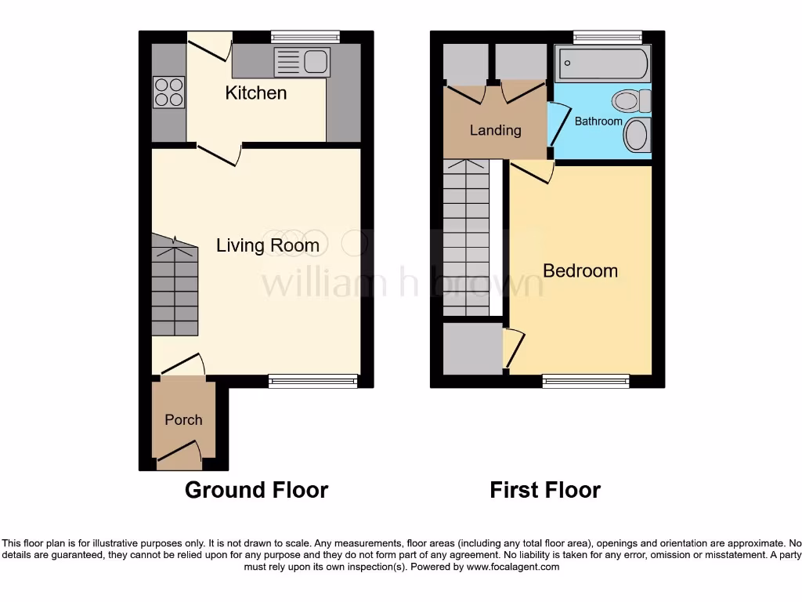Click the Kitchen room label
pos(256,93)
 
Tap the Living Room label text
pos(268,246)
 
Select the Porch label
pos(183,420)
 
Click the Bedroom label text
pos(580,271)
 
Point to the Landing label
pos(495,130)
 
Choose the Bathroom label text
pos(598,121)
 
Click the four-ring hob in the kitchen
pos(169,92)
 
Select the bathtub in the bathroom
pos(601,63)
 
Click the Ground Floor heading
pos(256,491)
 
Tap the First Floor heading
pos(545,491)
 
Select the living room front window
pos(312,381)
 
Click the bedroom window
pos(586,381)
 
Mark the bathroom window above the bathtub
pos(607,36)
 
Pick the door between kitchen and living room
pos(219,154)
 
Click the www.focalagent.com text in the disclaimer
pos(514,567)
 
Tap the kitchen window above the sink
pos(305,36)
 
